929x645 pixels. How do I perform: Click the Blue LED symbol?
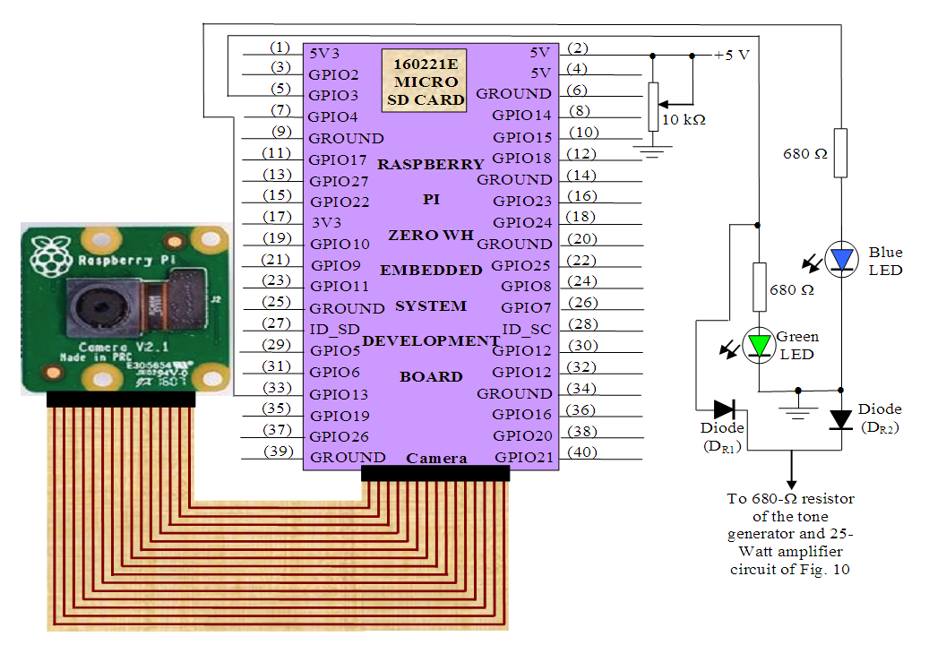(840, 259)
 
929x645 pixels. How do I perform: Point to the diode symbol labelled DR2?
(840, 419)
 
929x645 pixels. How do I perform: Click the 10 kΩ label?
(683, 119)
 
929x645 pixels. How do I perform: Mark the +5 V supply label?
(731, 55)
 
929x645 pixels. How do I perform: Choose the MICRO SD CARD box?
(426, 81)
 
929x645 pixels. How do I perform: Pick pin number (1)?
(280, 47)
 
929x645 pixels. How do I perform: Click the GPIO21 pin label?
(522, 458)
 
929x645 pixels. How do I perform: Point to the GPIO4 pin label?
(333, 116)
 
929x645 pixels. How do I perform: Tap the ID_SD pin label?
(335, 329)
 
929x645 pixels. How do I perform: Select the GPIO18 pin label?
(522, 158)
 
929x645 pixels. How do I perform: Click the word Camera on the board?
(436, 458)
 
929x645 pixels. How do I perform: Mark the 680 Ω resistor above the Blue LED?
(840, 151)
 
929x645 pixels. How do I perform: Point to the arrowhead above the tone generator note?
(792, 478)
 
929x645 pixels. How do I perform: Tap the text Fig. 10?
(825, 569)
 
